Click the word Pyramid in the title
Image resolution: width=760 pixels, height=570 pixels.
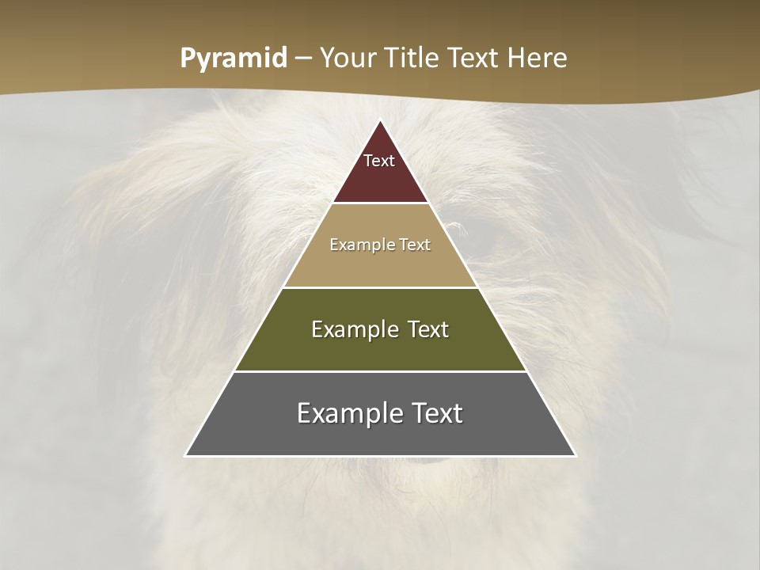pos(233,59)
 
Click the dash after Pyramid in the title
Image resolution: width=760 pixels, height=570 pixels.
pos(303,59)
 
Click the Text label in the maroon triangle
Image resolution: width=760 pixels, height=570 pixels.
pos(379,161)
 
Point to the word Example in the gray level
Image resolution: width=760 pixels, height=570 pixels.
pos(346,413)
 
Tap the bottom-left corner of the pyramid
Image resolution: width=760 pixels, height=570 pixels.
pos(186,455)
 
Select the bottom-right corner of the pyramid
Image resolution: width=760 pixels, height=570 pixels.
pos(575,455)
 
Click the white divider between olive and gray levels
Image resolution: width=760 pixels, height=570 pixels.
pos(380,371)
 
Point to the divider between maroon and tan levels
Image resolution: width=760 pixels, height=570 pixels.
pos(380,203)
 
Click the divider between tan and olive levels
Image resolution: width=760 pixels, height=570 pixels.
pos(380,287)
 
